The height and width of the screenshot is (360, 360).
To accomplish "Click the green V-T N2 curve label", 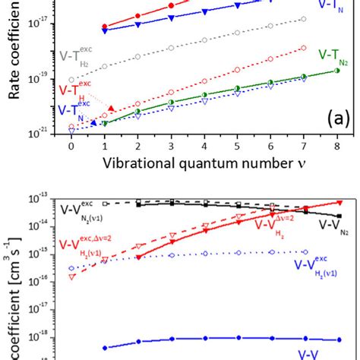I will tap(334, 55).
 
